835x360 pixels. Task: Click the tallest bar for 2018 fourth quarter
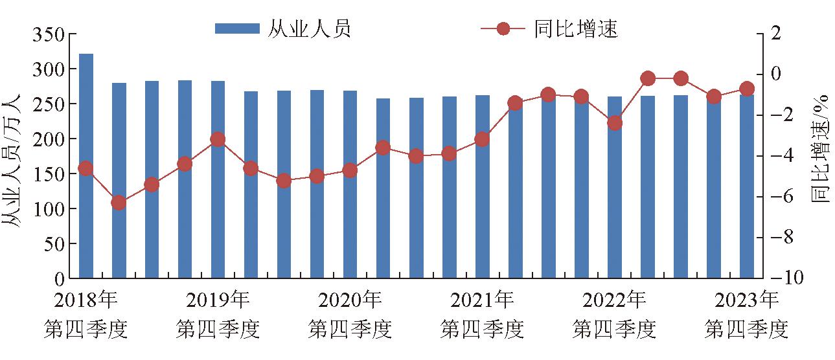click(86, 166)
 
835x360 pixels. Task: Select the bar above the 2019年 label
click(218, 179)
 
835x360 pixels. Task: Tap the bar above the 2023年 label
click(747, 186)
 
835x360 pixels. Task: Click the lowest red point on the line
click(119, 203)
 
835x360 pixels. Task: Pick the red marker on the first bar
click(86, 168)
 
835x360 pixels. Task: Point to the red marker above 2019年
click(218, 140)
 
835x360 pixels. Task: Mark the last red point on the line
click(747, 89)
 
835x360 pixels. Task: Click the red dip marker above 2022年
click(615, 123)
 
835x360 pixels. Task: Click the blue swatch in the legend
click(237, 28)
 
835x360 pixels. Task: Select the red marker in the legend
click(503, 28)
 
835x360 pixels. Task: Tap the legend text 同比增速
click(577, 28)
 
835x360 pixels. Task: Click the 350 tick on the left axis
click(49, 35)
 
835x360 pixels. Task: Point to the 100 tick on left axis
click(49, 209)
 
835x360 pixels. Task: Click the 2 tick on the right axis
click(776, 33)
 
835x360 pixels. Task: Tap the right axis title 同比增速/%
click(821, 149)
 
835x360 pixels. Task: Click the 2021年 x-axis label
click(482, 300)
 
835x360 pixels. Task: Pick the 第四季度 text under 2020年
click(350, 330)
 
